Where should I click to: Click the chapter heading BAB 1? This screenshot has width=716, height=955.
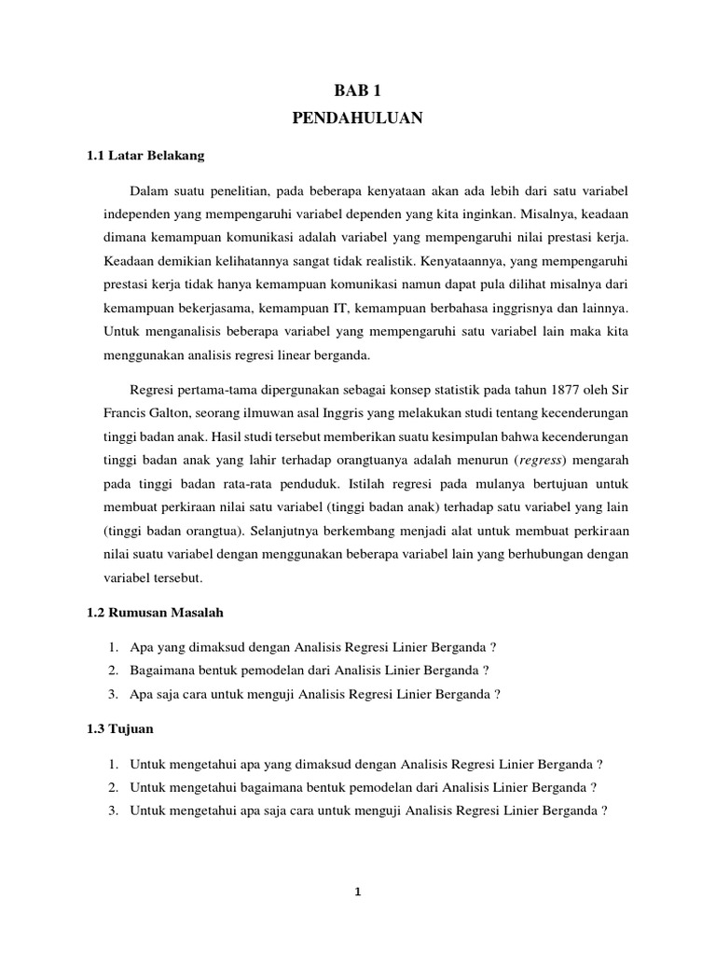(358, 90)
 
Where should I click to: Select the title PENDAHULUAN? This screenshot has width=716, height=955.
(358, 118)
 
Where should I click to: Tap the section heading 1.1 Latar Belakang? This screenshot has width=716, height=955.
(145, 155)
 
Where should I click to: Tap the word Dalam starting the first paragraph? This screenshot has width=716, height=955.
(149, 192)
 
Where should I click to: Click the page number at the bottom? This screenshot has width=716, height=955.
(357, 892)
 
